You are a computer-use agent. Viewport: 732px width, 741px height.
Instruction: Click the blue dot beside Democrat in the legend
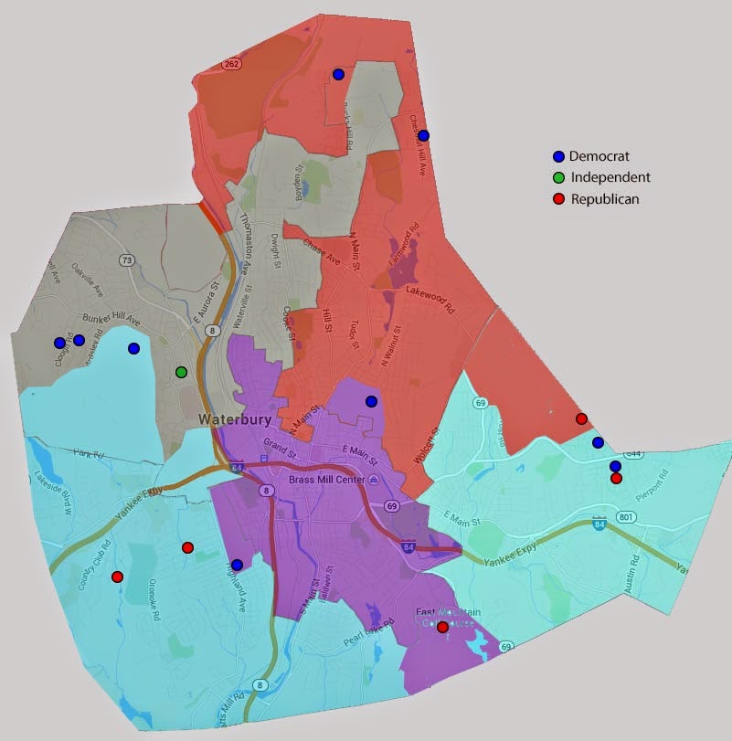coord(559,156)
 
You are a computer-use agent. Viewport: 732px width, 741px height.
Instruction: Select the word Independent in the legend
coord(610,177)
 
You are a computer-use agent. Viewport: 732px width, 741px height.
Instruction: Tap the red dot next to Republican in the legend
coord(559,198)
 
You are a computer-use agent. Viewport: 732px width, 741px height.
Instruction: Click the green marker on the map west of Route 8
coord(182,372)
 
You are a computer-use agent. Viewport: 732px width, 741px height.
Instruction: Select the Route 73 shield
coord(127,261)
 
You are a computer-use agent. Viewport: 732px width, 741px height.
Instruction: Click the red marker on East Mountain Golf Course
coord(442,627)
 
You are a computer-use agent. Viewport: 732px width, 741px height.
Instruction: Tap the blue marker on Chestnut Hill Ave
coord(423,135)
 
